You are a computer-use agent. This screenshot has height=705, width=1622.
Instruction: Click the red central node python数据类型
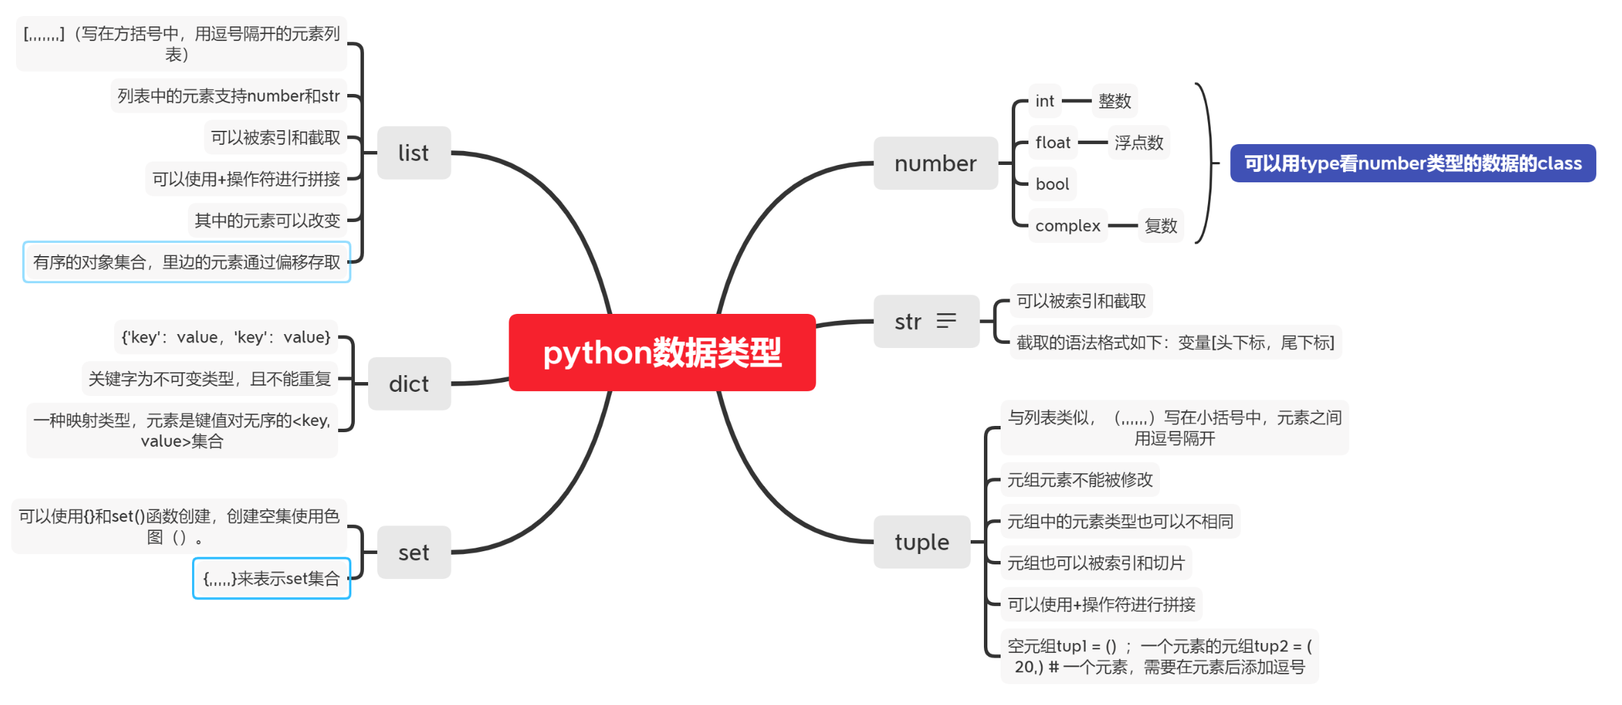pyautogui.click(x=662, y=352)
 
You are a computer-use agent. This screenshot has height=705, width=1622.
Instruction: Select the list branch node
pyautogui.click(x=413, y=152)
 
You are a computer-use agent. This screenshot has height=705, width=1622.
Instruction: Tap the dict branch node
pyautogui.click(x=408, y=383)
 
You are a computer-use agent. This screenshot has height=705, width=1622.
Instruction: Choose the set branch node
pyautogui.click(x=413, y=553)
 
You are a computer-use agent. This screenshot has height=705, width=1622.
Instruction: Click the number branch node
pyautogui.click(x=935, y=164)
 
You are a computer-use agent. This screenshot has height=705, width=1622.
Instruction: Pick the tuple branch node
pyautogui.click(x=921, y=542)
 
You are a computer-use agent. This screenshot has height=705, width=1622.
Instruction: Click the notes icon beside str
pyautogui.click(x=946, y=321)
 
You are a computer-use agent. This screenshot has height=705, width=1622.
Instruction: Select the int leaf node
pyautogui.click(x=1044, y=101)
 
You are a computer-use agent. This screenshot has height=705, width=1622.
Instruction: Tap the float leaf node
pyautogui.click(x=1053, y=143)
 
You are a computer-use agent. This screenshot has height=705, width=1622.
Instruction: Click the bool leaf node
pyautogui.click(x=1052, y=184)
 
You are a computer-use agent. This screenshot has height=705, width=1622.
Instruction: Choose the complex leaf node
pyautogui.click(x=1067, y=225)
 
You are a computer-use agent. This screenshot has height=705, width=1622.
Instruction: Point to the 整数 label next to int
pyautogui.click(x=1115, y=101)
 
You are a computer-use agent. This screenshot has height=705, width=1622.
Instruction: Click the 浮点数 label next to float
pyautogui.click(x=1139, y=143)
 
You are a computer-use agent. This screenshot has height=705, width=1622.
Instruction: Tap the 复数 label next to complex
pyautogui.click(x=1161, y=225)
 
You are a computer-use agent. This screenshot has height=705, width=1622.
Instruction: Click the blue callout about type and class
pyautogui.click(x=1413, y=164)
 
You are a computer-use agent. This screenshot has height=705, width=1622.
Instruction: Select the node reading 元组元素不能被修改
pyautogui.click(x=1080, y=480)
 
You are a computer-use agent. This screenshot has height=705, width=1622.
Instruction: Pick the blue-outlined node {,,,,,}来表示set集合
pyautogui.click(x=271, y=578)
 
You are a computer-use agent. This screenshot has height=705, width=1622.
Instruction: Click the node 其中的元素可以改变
pyautogui.click(x=267, y=221)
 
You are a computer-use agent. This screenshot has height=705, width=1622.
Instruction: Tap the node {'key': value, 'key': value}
pyautogui.click(x=225, y=338)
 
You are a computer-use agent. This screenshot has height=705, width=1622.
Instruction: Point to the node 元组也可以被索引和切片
pyautogui.click(x=1096, y=563)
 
